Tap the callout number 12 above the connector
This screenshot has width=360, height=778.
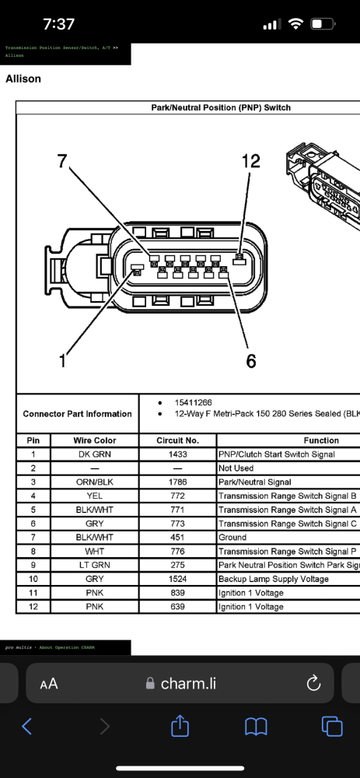[250, 161]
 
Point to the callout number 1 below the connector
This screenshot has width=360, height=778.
[64, 360]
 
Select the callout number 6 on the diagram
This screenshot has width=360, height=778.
[251, 361]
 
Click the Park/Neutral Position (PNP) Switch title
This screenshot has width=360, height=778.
[220, 107]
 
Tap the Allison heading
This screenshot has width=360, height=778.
[23, 79]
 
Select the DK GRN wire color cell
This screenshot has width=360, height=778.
[94, 454]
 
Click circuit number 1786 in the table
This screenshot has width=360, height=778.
[177, 482]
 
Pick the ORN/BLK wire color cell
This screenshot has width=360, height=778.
[94, 482]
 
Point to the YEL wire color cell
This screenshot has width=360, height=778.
[94, 496]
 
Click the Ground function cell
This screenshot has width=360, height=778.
[232, 537]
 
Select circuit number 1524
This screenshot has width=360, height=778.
[177, 579]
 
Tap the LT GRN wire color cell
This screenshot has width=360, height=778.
[94, 565]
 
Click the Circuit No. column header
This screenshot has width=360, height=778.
[177, 440]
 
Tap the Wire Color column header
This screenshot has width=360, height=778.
[94, 440]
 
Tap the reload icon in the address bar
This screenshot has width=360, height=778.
[314, 684]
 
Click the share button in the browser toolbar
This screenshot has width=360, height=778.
[180, 727]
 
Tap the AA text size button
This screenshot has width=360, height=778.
[48, 684]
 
